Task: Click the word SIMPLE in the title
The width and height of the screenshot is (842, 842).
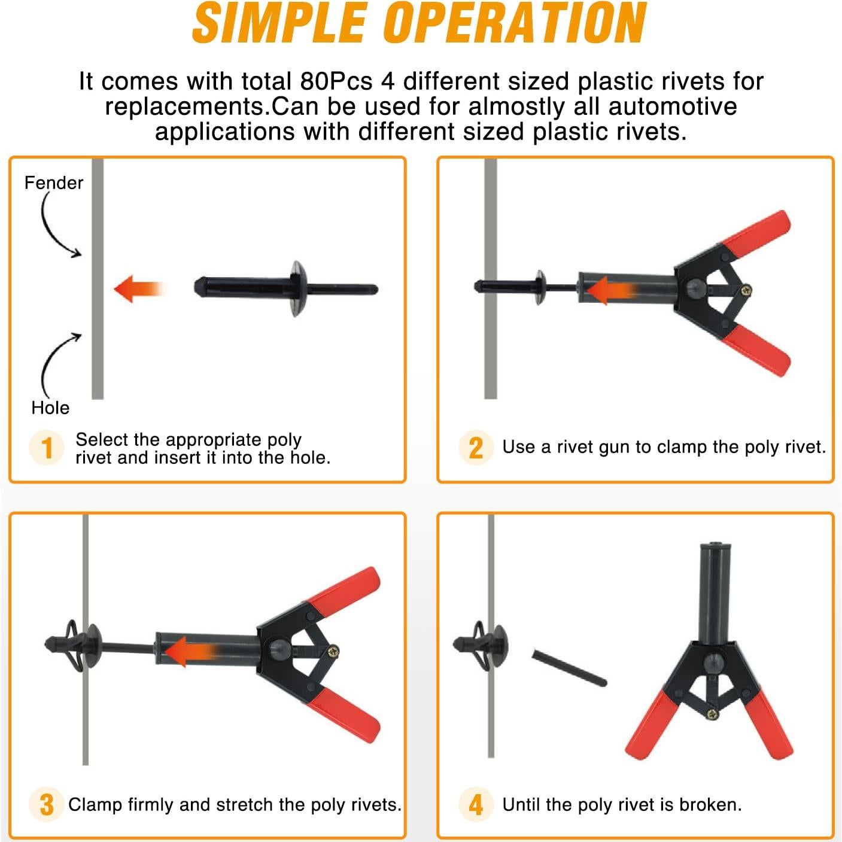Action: coord(278,23)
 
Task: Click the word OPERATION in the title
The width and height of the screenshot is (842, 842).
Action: coord(516,23)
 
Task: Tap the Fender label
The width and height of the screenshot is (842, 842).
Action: coord(53,183)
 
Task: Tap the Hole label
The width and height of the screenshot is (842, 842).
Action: coord(50,408)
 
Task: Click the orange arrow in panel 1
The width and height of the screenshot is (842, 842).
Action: coord(139,289)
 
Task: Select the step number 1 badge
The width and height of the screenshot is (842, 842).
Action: coord(47,448)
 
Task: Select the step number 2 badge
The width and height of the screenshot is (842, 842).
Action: coord(476,448)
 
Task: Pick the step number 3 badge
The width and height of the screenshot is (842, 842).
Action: coord(47,804)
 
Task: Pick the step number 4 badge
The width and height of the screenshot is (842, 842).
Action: coord(476,804)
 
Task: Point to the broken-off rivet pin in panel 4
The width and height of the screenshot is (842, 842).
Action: coord(569,668)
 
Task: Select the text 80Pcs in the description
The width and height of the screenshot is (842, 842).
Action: coord(336,81)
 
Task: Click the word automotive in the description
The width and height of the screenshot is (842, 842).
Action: coord(673,107)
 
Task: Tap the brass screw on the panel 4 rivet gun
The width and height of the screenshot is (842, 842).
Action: coord(713,715)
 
